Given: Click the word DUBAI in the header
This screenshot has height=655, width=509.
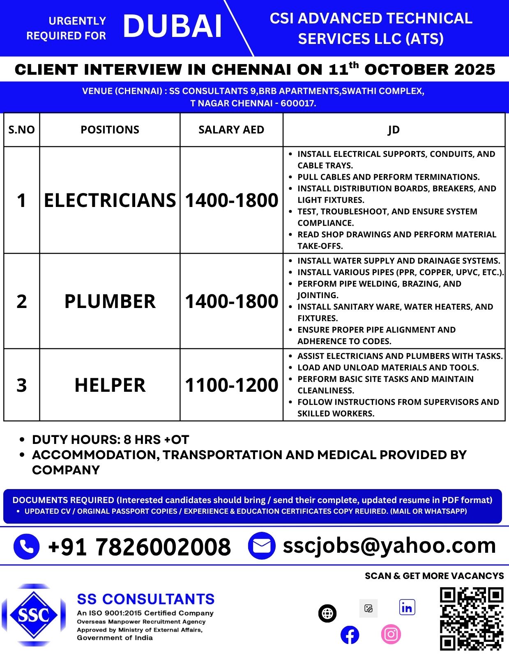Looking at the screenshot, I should pyautogui.click(x=173, y=27).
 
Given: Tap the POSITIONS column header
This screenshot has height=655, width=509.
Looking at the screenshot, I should pyautogui.click(x=110, y=130).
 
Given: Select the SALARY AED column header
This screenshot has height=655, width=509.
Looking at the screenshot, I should pyautogui.click(x=231, y=130).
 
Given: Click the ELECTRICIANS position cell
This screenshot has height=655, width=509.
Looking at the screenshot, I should pyautogui.click(x=110, y=200).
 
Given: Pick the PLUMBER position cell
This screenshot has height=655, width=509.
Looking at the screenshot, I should pyautogui.click(x=110, y=301).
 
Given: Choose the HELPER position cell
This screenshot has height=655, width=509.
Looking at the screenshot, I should pyautogui.click(x=110, y=385).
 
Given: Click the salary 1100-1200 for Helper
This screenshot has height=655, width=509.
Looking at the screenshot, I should pyautogui.click(x=231, y=385).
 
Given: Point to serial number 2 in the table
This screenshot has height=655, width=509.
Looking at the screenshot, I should pyautogui.click(x=22, y=301).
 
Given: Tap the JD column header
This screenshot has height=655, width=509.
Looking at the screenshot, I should pyautogui.click(x=394, y=130).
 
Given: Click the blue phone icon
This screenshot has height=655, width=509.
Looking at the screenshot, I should pyautogui.click(x=27, y=547).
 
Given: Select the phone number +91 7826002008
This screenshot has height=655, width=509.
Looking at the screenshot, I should pyautogui.click(x=139, y=547).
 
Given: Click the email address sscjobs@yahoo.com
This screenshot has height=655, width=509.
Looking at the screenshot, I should pyautogui.click(x=389, y=545).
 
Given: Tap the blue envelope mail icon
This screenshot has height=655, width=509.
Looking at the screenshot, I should pyautogui.click(x=261, y=546).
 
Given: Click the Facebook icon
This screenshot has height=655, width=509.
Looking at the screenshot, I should pyautogui.click(x=350, y=635).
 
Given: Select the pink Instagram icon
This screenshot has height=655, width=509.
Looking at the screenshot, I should pyautogui.click(x=391, y=634).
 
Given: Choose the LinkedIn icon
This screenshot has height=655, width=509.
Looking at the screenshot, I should pyautogui.click(x=407, y=607).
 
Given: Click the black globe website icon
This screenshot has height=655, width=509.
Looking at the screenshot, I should pyautogui.click(x=327, y=614).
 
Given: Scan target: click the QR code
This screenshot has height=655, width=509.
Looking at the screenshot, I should pyautogui.click(x=472, y=618).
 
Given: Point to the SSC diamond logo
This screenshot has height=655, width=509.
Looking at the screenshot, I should pyautogui.click(x=33, y=615).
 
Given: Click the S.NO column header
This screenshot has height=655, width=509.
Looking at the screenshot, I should pyautogui.click(x=22, y=130).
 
